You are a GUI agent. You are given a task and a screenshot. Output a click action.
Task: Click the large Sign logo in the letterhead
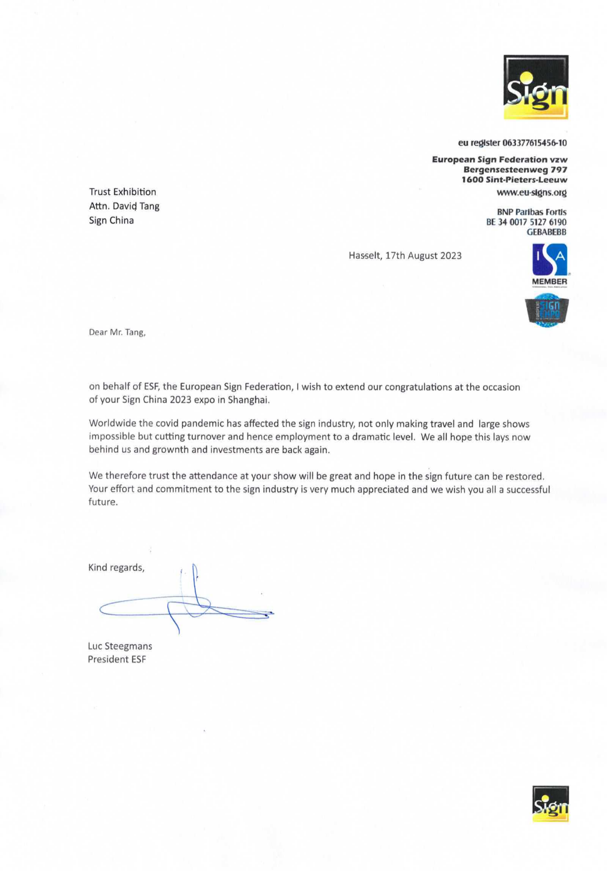coord(535,87)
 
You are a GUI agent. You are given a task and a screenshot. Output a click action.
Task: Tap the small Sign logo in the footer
coord(550,803)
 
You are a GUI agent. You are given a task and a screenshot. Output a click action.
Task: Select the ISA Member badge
coord(549,265)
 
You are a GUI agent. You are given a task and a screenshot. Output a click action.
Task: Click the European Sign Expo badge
coord(547,311)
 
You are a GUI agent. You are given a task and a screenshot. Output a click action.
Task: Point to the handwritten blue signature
coord(190,605)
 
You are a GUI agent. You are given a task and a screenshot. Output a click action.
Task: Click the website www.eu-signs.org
coord(531,193)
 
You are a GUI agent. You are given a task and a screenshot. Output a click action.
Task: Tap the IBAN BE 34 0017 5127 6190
coord(526,222)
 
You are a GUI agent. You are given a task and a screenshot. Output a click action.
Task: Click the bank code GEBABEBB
coord(546,232)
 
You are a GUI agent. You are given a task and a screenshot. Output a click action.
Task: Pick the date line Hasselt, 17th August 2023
coord(405,256)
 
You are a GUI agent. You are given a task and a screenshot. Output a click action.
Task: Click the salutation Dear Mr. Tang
coord(117,332)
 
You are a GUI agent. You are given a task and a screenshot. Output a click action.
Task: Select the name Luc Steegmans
coord(120,646)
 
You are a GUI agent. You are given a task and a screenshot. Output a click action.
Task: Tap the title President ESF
coord(116,659)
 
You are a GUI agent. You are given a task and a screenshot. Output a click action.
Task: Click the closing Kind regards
coord(116,568)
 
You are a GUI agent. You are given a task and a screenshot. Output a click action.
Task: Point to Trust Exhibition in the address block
coord(122,192)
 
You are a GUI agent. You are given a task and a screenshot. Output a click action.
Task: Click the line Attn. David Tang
coord(124,206)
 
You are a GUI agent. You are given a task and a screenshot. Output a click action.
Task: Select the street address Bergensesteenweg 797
coord(515,169)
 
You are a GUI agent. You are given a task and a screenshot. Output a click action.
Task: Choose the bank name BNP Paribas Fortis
coord(531,212)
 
